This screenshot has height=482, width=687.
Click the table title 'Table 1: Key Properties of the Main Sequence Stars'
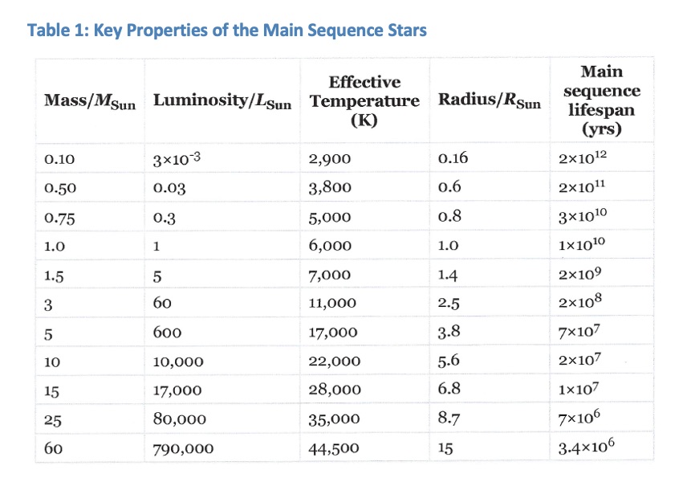[x=227, y=31]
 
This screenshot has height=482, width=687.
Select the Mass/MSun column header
[x=90, y=102]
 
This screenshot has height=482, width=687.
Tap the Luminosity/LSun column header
[x=222, y=102]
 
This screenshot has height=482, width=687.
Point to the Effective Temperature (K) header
[x=364, y=101]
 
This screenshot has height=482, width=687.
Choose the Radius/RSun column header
[x=490, y=102]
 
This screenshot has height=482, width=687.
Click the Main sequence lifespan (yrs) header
[x=600, y=100]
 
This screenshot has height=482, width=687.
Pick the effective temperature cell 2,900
[x=329, y=158]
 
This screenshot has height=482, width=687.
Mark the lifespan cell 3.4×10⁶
[x=590, y=447]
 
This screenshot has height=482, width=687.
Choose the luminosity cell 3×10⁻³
[x=175, y=157]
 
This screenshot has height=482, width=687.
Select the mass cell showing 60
[x=54, y=448]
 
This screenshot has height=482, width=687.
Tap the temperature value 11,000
[x=332, y=304]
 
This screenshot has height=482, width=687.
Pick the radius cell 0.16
[x=453, y=158]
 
